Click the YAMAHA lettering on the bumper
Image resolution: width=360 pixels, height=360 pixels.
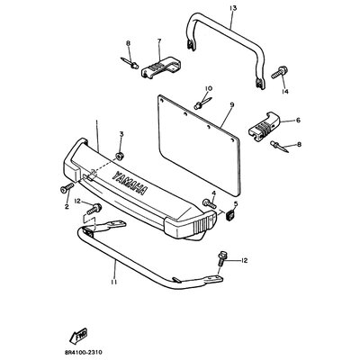[130, 184]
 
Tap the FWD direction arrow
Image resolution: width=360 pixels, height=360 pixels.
[78, 335]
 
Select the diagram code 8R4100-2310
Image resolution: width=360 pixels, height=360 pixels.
[84, 352]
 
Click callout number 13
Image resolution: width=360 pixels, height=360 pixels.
[233, 8]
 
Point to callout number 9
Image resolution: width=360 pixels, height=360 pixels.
[232, 105]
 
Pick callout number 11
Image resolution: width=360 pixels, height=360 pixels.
[114, 282]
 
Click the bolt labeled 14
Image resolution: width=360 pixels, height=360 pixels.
[280, 73]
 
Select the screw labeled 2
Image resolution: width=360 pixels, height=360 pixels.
[67, 189]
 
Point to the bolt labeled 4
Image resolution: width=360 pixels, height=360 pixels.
[210, 203]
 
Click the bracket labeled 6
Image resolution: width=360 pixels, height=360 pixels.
[264, 126]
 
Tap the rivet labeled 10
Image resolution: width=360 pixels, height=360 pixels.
[203, 103]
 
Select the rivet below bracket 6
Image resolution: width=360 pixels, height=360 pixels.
[280, 147]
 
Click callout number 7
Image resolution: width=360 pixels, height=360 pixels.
[159, 40]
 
